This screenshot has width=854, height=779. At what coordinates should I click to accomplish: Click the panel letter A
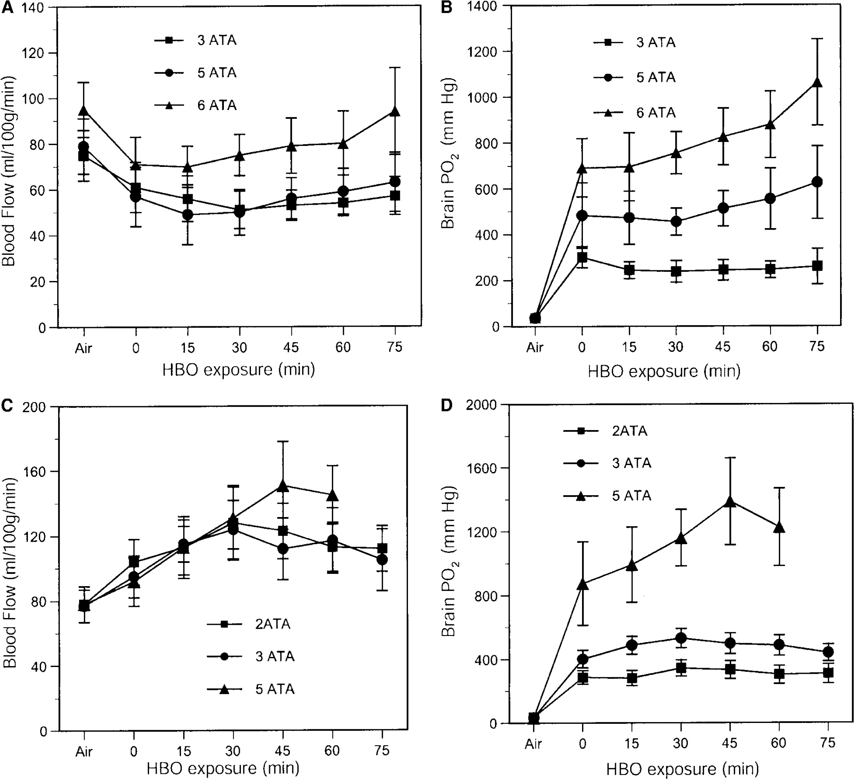pos(8,8)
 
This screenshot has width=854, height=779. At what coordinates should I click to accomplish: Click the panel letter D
pos(447,405)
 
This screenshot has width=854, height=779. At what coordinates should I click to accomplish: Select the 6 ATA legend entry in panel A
pos(196,105)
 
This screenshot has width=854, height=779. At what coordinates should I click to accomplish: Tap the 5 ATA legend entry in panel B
pos(635,77)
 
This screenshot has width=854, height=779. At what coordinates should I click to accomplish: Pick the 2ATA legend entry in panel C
pos(248,624)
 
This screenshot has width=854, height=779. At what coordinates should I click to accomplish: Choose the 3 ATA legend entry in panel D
pos(608,463)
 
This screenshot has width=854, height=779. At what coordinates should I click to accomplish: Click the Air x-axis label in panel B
pos(535,347)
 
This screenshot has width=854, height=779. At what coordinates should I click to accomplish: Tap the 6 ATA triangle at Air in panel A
pos(83,111)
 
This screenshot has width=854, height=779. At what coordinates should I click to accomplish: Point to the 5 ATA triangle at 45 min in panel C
pos(283,486)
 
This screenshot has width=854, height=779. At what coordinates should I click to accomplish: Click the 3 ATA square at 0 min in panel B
pos(582,258)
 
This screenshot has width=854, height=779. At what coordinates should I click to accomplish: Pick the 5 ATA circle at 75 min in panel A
pos(395,182)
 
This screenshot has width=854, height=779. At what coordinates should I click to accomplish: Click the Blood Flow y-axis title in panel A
pos(8,171)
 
